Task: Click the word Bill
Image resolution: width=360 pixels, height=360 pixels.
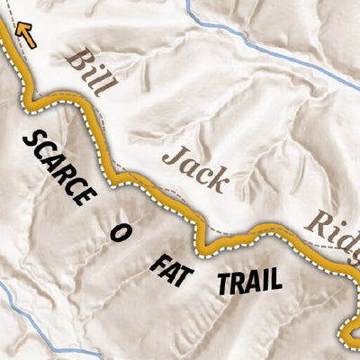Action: (92, 73)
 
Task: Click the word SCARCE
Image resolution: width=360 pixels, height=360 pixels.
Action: (58, 166)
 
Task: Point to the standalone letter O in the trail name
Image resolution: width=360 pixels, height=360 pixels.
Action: (117, 233)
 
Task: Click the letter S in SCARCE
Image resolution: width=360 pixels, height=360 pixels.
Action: (30, 139)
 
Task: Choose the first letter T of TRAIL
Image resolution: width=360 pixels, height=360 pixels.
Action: (223, 283)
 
